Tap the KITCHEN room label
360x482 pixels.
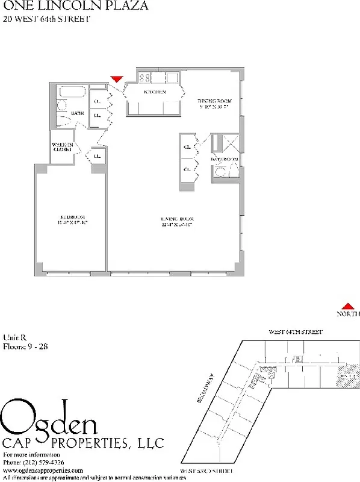154,92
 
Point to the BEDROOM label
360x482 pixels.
71,221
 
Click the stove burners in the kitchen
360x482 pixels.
144,77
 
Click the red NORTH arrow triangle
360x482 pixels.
347,306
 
